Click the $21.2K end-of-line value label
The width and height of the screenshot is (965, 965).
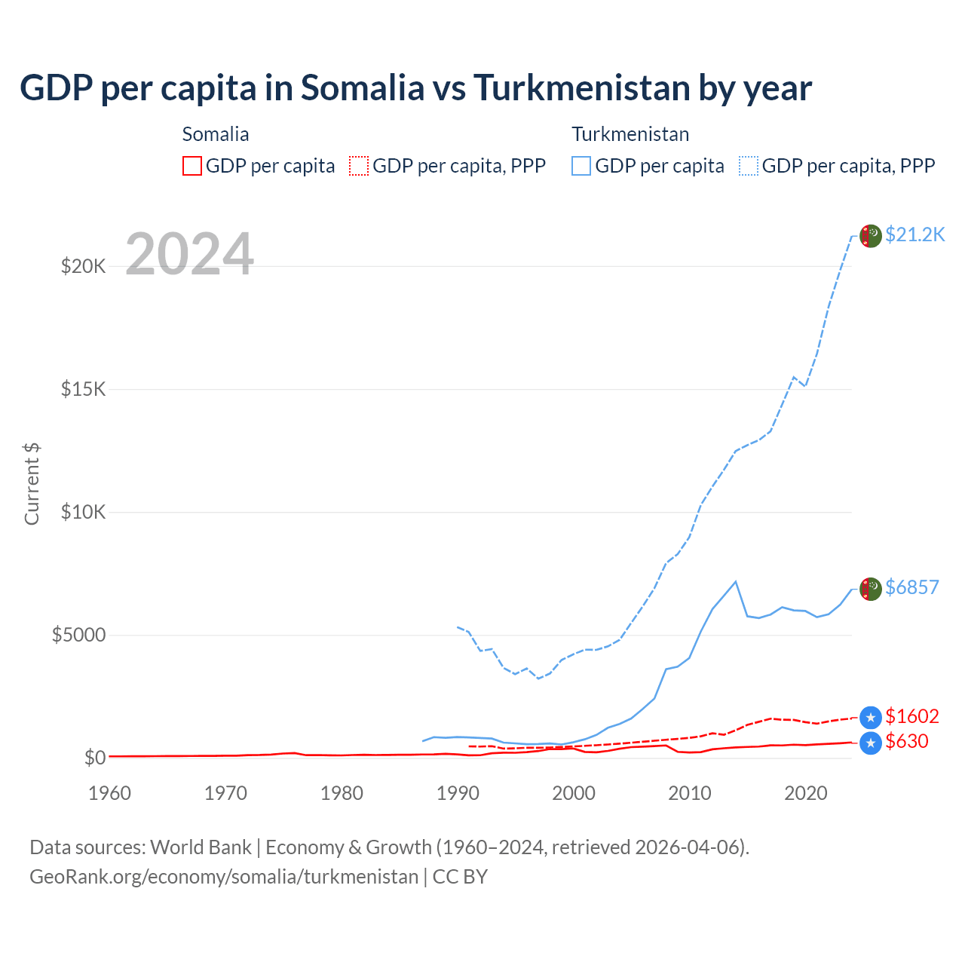[x=914, y=234]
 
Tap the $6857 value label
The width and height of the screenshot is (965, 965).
[x=911, y=587]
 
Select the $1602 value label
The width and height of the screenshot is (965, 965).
[x=911, y=716]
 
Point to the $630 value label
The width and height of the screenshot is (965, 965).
[x=906, y=741]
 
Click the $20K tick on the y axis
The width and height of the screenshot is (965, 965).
[x=83, y=266]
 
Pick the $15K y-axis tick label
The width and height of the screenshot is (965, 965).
[x=83, y=389]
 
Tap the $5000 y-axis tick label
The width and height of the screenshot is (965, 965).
[x=78, y=635]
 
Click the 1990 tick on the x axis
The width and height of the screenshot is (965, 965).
[x=458, y=793]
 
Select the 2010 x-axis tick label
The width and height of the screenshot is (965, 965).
[x=690, y=793]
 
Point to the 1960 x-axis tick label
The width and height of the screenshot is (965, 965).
[x=109, y=793]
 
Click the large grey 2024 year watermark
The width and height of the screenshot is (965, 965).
[x=189, y=254]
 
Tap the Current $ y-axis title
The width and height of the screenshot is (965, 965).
[x=32, y=483]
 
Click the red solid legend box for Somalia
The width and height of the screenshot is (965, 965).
[x=192, y=166]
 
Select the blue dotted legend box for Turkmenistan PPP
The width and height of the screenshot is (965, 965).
[x=749, y=166]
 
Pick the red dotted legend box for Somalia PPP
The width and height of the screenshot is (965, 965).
[x=359, y=166]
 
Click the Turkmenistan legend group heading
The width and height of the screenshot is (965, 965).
[x=630, y=134]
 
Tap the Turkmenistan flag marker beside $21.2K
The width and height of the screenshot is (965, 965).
[x=870, y=236]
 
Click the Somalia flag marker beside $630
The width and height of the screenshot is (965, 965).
[x=870, y=743]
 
